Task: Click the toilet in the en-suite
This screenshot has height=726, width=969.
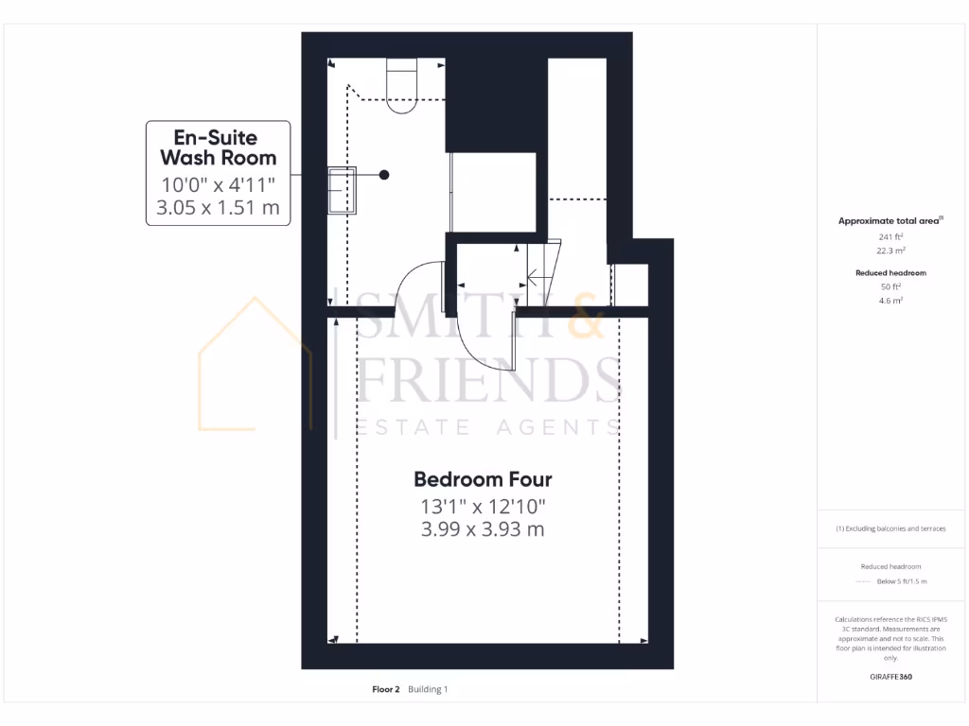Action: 402,87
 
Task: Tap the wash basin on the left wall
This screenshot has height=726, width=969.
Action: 342,190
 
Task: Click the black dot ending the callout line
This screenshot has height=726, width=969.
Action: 384,174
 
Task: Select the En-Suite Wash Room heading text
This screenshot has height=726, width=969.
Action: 218,147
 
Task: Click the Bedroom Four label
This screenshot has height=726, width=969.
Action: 483,479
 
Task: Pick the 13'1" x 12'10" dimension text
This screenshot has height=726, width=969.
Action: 483,506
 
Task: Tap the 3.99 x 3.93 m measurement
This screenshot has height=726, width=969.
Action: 483,529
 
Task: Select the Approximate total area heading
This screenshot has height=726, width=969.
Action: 890,220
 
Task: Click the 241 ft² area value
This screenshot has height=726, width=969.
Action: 890,236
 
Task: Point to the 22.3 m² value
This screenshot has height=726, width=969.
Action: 890,251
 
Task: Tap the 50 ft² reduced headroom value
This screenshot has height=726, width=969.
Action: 890,286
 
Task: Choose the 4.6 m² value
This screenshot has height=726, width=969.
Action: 890,301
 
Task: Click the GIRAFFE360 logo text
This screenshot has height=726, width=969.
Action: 890,677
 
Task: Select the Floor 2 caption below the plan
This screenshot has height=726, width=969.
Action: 386,689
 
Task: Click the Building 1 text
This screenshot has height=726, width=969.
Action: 428,689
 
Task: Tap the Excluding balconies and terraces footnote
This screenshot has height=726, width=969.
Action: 890,528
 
